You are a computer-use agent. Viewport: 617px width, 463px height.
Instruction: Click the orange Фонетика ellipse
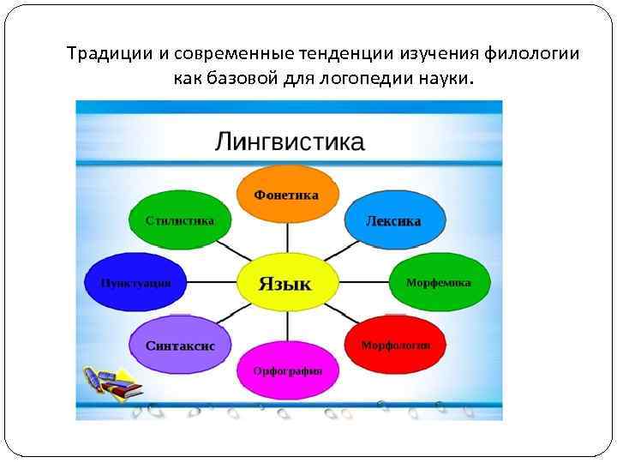tap(287, 195)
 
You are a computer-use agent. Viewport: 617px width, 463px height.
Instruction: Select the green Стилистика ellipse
tap(180, 220)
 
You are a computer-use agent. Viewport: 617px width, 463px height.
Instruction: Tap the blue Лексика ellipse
tap(393, 220)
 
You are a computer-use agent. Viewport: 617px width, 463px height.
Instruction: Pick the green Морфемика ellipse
tap(439, 282)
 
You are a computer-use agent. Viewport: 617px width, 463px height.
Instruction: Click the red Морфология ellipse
tap(395, 345)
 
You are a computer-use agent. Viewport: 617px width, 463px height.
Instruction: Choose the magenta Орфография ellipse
tap(287, 370)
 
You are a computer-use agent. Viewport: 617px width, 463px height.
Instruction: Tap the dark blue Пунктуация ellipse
tap(135, 282)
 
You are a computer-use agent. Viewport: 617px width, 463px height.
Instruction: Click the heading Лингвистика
tap(289, 141)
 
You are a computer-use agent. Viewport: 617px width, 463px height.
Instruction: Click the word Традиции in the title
tap(110, 54)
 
